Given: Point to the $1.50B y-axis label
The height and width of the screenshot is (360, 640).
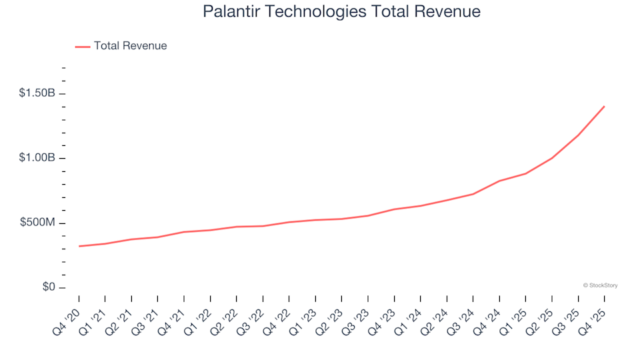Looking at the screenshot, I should [37, 93].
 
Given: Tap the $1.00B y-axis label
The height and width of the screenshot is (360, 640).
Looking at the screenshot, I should [37, 158].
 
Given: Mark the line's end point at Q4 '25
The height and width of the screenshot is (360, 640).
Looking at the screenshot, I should [604, 106].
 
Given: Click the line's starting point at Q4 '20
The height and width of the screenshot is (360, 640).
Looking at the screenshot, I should [79, 246].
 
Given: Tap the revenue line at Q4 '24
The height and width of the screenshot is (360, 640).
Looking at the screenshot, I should [499, 181].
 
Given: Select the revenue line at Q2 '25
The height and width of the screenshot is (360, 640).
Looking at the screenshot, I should [552, 158].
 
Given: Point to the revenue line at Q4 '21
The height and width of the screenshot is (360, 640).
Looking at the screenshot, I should [184, 232].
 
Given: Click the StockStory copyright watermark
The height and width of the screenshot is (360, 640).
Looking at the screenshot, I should [600, 285].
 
